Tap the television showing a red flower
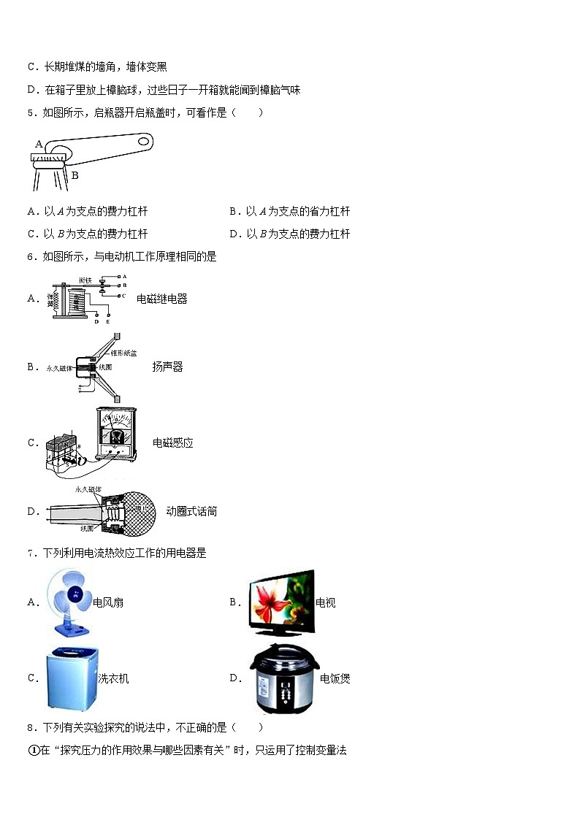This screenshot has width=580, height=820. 280,602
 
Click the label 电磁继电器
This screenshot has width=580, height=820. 161,299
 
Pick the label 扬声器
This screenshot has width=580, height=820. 167,367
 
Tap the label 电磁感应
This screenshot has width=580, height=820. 172,442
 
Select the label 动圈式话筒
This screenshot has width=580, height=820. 191,511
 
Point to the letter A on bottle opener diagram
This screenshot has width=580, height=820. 39,145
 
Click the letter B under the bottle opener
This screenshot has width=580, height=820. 75,175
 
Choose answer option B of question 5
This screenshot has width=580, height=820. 289,211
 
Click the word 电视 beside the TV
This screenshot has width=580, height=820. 325,603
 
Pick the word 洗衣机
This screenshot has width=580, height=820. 113,678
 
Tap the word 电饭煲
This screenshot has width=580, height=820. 335,678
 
